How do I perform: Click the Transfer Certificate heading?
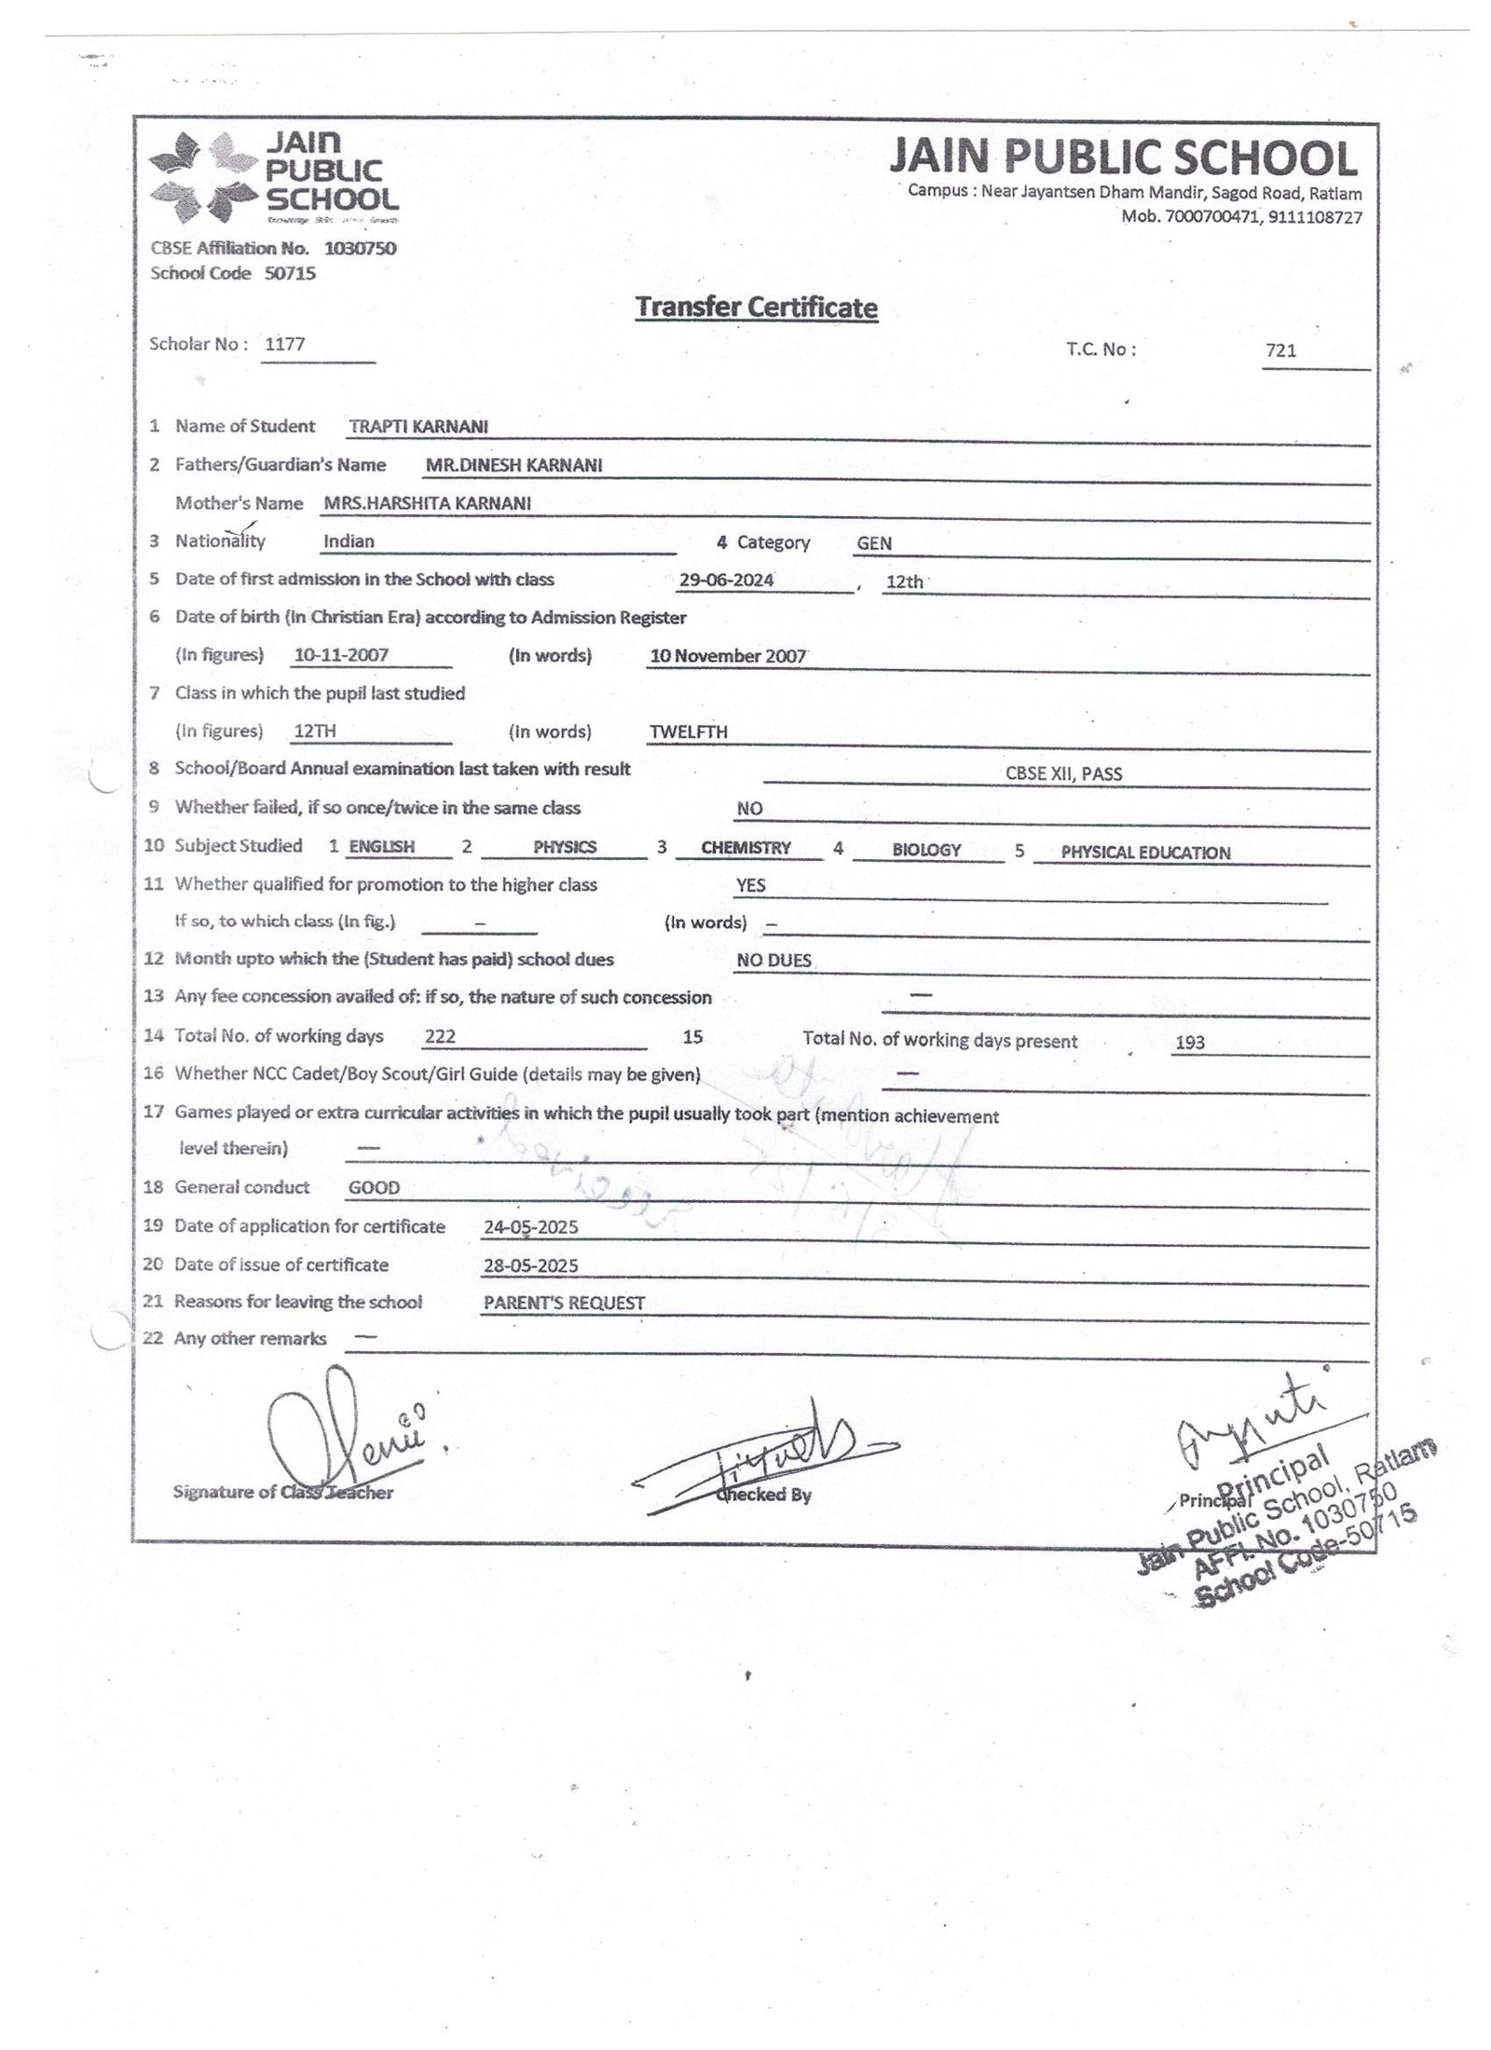756,307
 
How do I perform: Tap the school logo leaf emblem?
202,178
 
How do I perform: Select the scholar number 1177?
285,344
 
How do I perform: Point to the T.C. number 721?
1281,351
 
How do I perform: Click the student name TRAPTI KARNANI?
418,427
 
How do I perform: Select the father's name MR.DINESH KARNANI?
513,465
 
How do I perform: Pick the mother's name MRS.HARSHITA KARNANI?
428,503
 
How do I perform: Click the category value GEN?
874,543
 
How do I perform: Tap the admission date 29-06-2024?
726,580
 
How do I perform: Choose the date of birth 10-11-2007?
341,655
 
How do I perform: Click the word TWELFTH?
689,732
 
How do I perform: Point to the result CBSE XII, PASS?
1063,773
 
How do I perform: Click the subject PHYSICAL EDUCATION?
1145,853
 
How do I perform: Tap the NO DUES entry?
773,961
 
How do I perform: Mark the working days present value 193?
1190,1043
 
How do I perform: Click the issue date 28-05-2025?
530,1265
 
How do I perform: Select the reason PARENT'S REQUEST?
564,1304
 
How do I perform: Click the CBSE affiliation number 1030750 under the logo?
360,249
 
